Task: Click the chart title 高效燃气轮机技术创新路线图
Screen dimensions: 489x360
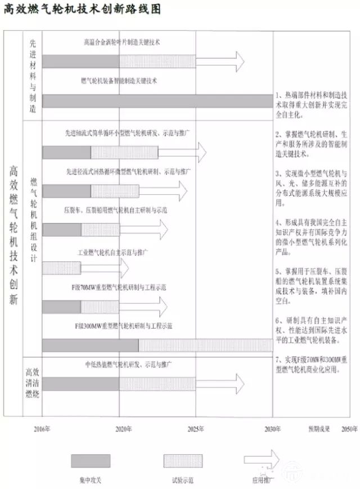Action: (x=82, y=11)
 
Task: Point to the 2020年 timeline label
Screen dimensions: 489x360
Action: (x=122, y=429)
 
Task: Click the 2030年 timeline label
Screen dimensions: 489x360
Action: (x=272, y=429)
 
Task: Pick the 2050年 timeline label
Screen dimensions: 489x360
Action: (x=349, y=429)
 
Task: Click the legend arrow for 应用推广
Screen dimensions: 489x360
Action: (x=263, y=459)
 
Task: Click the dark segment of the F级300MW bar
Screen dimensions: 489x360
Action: (x=90, y=344)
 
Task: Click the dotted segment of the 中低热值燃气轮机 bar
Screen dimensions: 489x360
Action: (x=157, y=383)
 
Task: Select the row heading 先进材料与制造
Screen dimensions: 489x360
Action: (x=32, y=76)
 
